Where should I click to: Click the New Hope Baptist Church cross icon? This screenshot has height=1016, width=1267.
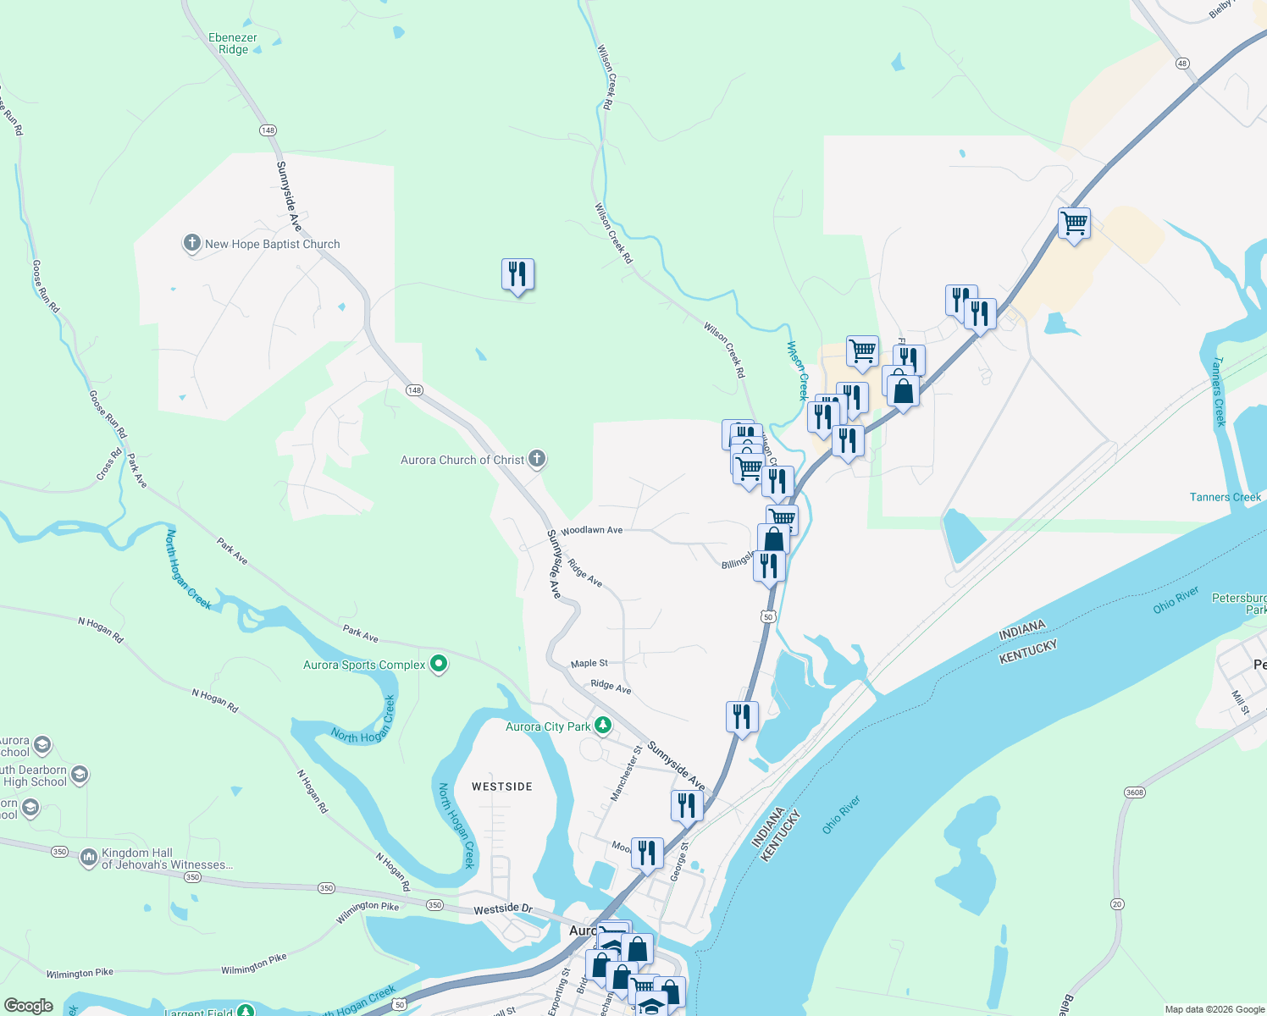coord(192,244)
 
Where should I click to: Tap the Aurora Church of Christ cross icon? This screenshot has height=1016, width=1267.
coord(536,460)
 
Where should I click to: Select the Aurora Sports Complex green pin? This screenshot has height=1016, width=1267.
coord(439,664)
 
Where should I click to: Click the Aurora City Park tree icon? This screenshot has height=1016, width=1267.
coord(602,726)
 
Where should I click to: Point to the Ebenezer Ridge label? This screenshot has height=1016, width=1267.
coord(233,43)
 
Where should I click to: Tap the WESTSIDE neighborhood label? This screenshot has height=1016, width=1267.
coord(502,787)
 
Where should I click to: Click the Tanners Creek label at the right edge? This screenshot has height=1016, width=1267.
coord(1225,497)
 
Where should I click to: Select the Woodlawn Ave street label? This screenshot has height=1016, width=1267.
coord(591,530)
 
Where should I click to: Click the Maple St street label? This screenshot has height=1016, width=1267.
coord(589,663)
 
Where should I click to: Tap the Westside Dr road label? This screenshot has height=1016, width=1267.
coord(503,908)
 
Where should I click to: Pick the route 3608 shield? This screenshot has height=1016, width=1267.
coord(1134,792)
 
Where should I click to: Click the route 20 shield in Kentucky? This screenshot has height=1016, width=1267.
coord(1117,904)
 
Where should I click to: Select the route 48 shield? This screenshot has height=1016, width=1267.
coord(1182,63)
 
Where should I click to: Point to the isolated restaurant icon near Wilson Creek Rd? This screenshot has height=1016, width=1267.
coord(517,274)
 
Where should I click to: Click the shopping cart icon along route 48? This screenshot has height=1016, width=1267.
coord(1074,224)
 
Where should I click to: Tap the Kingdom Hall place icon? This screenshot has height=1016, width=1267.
coord(89,859)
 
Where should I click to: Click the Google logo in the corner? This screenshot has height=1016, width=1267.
coord(28,1005)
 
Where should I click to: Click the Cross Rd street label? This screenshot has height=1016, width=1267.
coord(109,464)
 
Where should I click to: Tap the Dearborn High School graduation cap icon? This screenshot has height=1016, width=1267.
coord(80,775)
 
